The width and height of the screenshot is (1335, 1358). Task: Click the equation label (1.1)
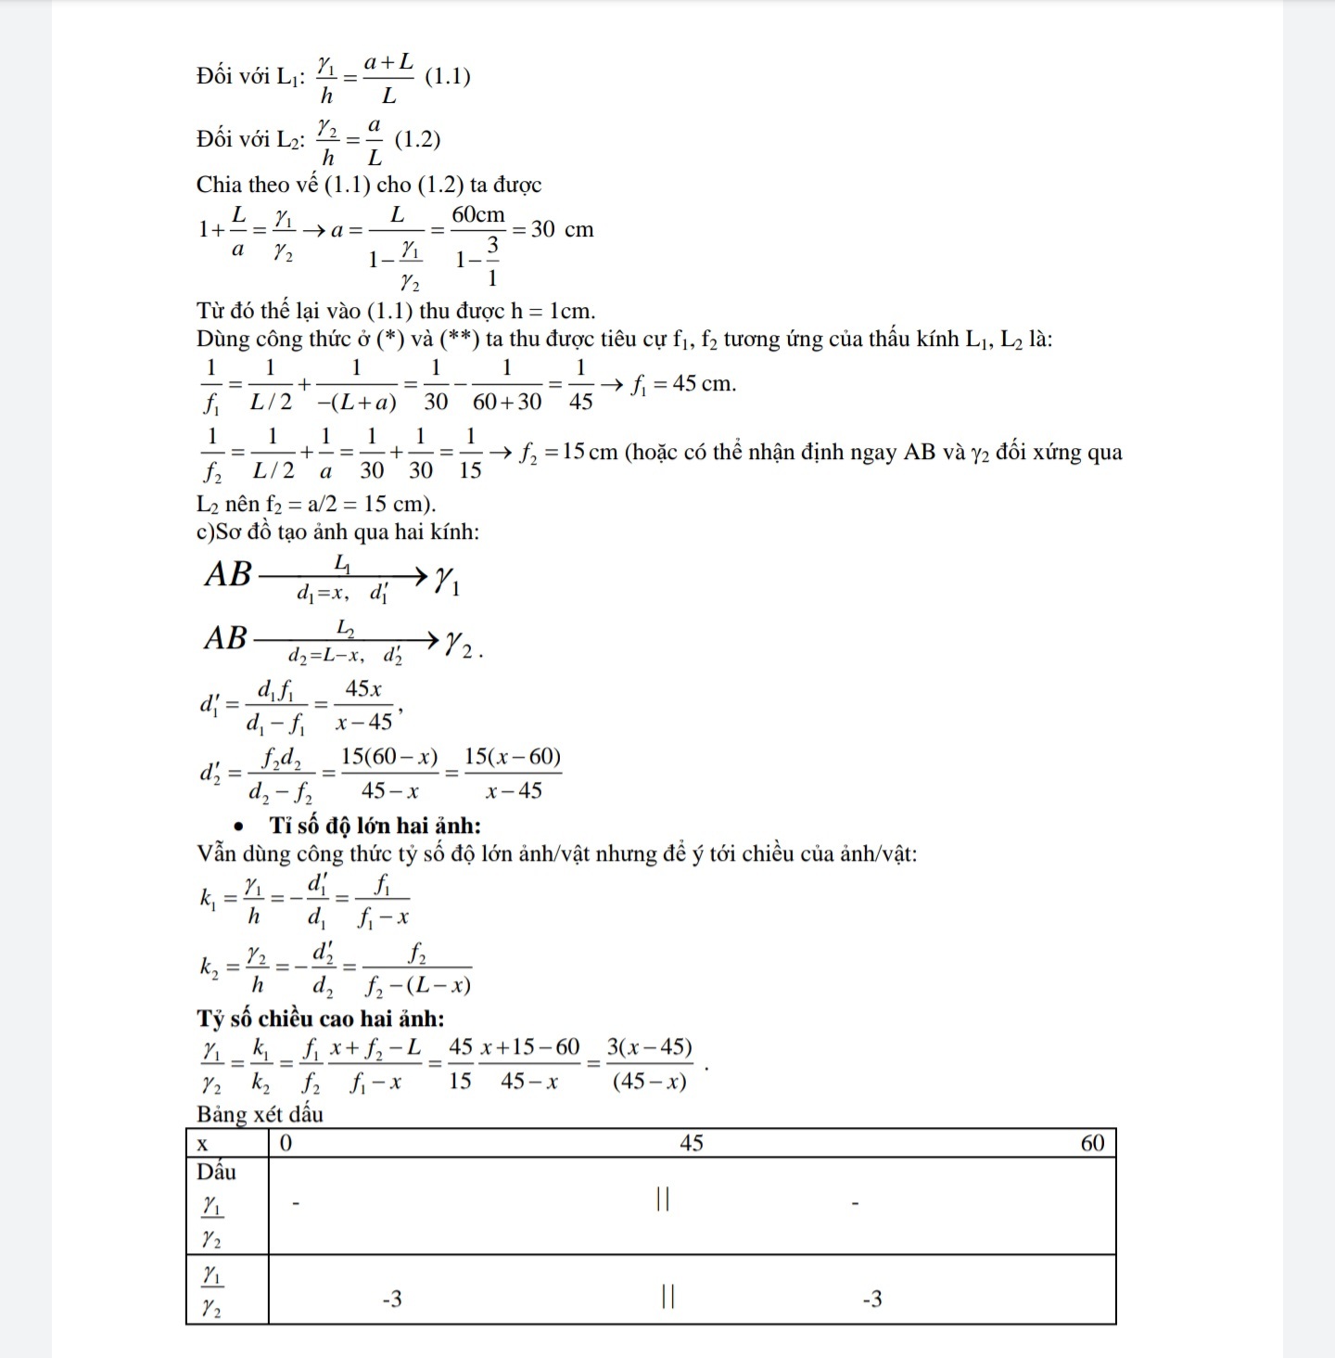point(447,77)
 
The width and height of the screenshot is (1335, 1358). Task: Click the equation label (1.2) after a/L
point(417,140)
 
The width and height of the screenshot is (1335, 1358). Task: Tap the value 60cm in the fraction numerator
point(478,215)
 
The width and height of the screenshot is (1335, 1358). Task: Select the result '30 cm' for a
point(562,229)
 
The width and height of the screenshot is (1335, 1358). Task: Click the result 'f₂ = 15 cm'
point(568,453)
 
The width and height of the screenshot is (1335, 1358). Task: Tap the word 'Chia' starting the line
point(217,185)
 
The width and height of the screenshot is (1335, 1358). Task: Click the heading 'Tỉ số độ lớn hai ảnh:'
point(375,826)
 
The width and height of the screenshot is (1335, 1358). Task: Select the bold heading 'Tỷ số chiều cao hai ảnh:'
point(320,1018)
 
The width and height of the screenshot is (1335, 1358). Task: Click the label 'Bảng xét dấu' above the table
point(260,1114)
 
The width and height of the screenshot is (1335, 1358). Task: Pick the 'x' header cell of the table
point(203,1144)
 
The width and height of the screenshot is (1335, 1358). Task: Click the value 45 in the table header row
point(692,1143)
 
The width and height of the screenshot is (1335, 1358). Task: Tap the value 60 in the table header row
point(1093,1143)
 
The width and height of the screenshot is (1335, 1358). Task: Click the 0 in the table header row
point(286,1144)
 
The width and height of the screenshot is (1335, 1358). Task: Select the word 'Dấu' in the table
point(216,1172)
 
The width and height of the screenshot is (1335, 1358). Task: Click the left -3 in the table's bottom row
point(392,1299)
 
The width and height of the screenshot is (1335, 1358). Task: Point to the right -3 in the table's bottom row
point(871,1299)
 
